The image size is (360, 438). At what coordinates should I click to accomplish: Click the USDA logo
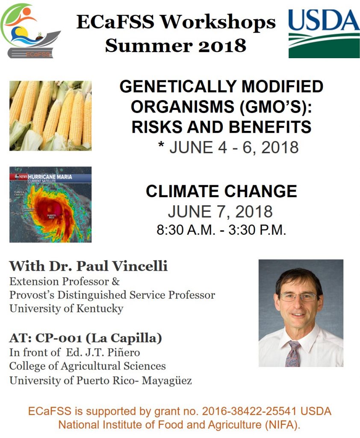click(324, 33)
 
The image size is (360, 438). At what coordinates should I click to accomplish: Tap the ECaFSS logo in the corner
click(30, 31)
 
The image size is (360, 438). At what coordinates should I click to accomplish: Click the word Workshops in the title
click(218, 22)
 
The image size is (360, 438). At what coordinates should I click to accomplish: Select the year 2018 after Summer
click(222, 46)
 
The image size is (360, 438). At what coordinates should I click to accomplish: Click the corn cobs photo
click(50, 115)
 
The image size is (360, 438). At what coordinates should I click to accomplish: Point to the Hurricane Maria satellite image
click(50, 204)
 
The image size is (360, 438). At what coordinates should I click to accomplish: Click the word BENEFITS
click(270, 127)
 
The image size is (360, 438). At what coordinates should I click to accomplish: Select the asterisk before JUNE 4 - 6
click(161, 145)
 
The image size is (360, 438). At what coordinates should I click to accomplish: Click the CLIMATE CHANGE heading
click(221, 191)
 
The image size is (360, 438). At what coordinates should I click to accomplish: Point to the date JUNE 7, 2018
click(220, 211)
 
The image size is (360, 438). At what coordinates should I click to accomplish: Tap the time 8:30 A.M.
click(186, 230)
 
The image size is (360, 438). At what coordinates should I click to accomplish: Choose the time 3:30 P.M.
click(257, 230)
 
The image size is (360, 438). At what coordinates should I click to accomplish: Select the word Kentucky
click(100, 309)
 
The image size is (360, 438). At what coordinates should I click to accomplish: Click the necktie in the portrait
click(293, 353)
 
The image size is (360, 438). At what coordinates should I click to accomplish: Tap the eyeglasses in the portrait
click(298, 297)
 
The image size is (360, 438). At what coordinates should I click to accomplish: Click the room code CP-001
click(59, 338)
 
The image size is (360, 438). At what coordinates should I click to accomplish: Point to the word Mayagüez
click(167, 380)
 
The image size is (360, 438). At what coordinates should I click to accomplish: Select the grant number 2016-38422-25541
click(249, 411)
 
